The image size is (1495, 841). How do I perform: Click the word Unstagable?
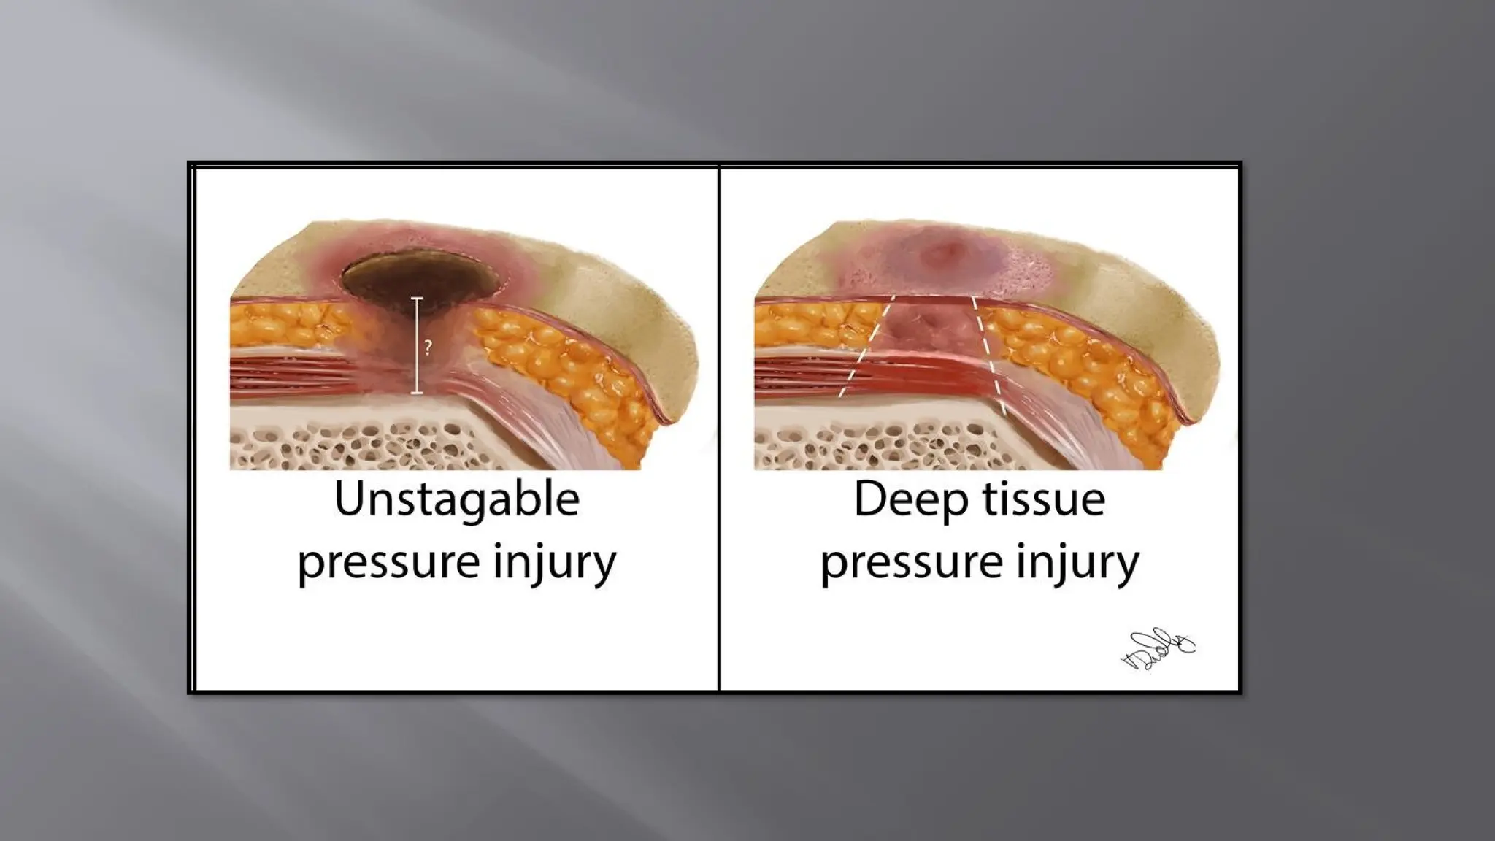tap(457, 500)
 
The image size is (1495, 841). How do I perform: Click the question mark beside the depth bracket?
tap(428, 347)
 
